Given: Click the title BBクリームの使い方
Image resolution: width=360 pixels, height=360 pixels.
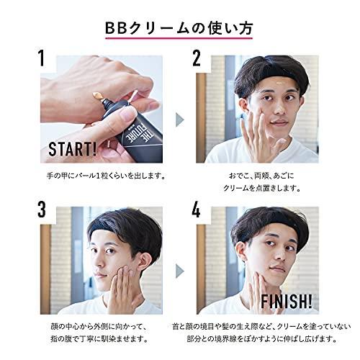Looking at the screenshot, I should [179, 28].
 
